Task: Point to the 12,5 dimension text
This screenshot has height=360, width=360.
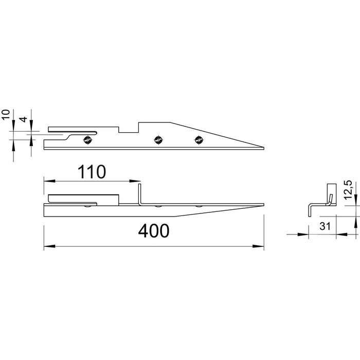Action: pos(348,190)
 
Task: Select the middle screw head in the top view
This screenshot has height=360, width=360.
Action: pos(158,139)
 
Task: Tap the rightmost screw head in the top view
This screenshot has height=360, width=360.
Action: pos(199,139)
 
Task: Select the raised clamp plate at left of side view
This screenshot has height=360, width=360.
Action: pos(82,198)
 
